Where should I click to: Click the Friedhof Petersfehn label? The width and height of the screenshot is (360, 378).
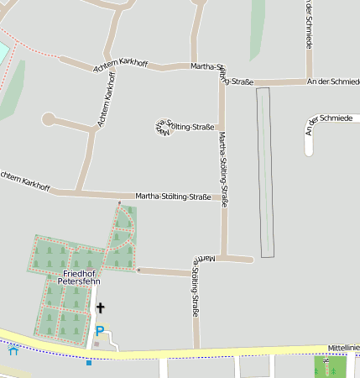click(82, 277)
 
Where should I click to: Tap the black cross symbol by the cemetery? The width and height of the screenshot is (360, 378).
click(101, 308)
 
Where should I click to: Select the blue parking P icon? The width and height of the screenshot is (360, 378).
click(100, 331)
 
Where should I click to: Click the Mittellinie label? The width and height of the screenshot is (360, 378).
click(343, 347)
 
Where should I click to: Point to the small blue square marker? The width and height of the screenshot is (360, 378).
click(89, 363)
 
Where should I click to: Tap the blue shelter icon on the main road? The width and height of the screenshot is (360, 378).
click(13, 350)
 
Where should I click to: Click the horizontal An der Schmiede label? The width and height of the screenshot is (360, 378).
click(333, 81)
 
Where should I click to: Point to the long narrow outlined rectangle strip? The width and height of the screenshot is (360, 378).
click(265, 171)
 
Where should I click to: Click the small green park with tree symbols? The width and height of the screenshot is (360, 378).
click(329, 367)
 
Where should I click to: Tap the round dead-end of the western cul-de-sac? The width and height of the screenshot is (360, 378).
click(49, 119)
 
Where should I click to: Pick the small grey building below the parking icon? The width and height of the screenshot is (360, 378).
click(97, 344)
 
